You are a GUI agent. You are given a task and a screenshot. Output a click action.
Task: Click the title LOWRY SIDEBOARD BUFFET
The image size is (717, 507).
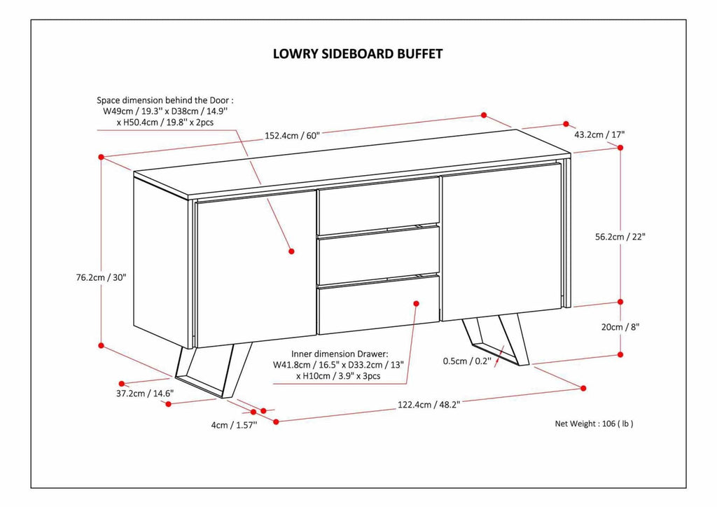[x=357, y=54]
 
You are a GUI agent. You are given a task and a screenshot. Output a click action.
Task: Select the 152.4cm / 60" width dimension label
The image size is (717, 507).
[x=292, y=136]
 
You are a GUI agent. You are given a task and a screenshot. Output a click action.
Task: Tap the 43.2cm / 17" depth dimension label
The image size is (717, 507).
[x=599, y=134]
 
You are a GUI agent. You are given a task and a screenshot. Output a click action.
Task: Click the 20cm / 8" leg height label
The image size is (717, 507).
[x=620, y=326]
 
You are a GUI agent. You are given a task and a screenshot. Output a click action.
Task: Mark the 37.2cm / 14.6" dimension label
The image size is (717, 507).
[x=145, y=394]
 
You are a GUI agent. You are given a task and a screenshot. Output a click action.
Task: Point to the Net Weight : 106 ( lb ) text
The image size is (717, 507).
[x=594, y=424]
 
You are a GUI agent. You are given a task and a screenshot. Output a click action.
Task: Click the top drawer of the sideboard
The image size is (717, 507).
[x=378, y=201]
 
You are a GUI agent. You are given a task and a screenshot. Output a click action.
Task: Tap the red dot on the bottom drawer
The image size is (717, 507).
[x=416, y=303]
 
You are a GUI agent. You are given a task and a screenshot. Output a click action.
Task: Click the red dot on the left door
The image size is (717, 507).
[x=291, y=249]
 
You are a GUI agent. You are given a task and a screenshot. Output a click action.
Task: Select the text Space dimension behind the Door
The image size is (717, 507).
[x=165, y=101]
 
